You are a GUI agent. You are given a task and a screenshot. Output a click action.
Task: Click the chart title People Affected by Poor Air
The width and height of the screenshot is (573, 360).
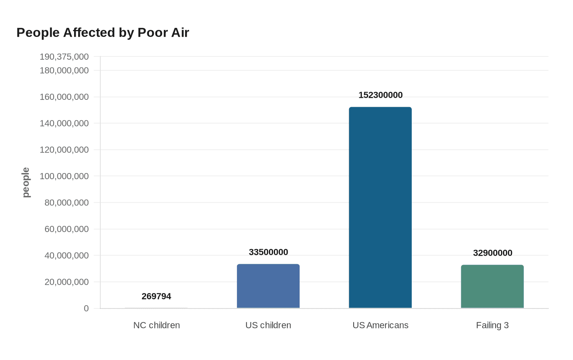click(103, 33)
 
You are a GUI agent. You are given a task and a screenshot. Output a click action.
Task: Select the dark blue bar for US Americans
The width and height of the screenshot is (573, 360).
click(380, 207)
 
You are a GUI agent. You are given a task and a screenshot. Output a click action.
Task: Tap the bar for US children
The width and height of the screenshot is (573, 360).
click(268, 286)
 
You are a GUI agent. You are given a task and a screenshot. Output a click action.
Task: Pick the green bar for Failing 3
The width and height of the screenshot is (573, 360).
click(492, 286)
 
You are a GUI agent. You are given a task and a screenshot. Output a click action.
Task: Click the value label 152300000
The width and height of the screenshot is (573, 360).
click(380, 95)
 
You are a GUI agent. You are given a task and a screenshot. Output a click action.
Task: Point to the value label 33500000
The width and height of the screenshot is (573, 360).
click(268, 252)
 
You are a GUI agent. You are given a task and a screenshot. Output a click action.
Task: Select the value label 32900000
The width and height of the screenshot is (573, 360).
click(492, 253)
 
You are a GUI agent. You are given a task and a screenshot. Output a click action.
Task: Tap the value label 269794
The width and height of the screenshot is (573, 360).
click(156, 297)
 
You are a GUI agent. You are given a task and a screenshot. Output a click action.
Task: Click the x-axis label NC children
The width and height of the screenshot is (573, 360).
click(156, 325)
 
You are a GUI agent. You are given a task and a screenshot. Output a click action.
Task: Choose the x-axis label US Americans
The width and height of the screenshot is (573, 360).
click(380, 325)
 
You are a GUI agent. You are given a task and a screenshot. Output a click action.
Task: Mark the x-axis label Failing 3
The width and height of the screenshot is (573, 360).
click(492, 325)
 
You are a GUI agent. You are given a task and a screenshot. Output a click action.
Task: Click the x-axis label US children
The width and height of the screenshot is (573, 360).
click(268, 325)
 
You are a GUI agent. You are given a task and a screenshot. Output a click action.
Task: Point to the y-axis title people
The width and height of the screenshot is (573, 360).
click(26, 182)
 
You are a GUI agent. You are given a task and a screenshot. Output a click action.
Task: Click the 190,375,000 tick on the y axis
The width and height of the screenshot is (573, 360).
click(64, 57)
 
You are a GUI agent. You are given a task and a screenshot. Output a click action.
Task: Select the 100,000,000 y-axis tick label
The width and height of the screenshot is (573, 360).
click(64, 176)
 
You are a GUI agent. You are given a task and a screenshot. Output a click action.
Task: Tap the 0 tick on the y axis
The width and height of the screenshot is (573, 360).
click(86, 308)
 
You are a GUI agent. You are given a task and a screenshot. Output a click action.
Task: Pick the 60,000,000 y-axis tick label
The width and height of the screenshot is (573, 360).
click(66, 229)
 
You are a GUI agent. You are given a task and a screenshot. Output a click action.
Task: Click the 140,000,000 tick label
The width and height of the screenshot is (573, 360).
click(64, 123)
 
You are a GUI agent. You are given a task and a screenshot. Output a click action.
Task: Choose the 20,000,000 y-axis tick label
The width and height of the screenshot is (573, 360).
click(66, 282)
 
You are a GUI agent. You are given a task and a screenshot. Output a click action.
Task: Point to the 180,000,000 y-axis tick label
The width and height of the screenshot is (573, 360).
click(64, 71)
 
